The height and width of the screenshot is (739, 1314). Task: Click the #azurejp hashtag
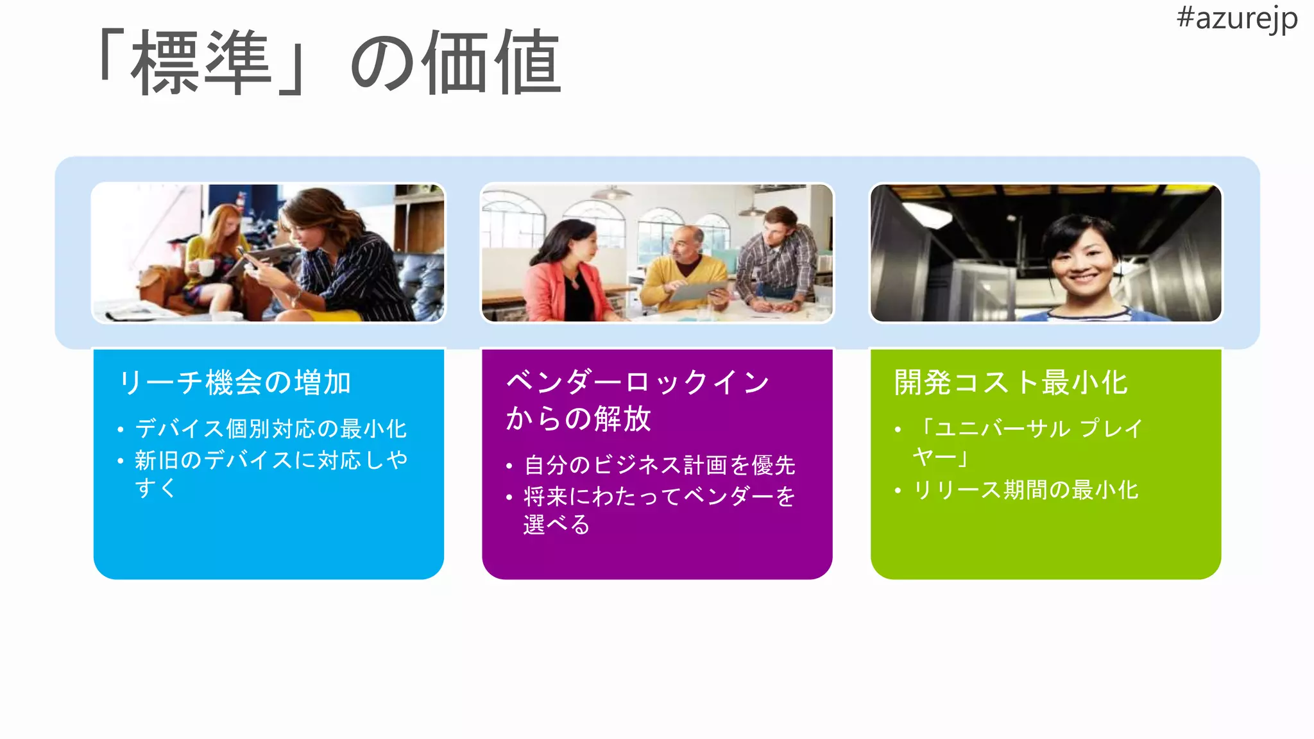coord(1236,19)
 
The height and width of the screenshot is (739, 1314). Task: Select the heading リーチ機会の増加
coord(235,383)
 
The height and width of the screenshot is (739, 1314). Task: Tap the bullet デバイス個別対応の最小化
coord(270,429)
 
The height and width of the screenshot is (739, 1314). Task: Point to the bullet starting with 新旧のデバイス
coord(270,473)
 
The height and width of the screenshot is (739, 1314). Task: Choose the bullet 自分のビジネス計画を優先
coord(660,465)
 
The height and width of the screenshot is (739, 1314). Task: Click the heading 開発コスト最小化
coord(1011,383)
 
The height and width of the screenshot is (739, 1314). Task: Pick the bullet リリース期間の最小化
coord(1025,490)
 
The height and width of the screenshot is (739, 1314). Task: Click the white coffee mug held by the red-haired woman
coord(205,267)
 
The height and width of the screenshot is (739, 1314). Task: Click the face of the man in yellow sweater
coord(685,244)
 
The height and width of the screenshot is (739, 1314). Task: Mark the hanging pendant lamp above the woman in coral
coord(611,192)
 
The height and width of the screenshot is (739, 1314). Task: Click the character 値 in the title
coord(528,63)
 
